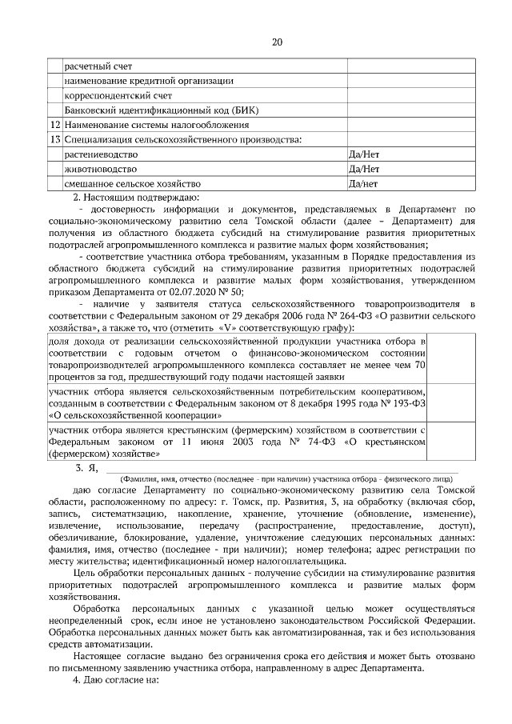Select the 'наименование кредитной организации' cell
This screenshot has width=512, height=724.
click(x=149, y=80)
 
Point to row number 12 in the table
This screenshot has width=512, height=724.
click(x=54, y=125)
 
